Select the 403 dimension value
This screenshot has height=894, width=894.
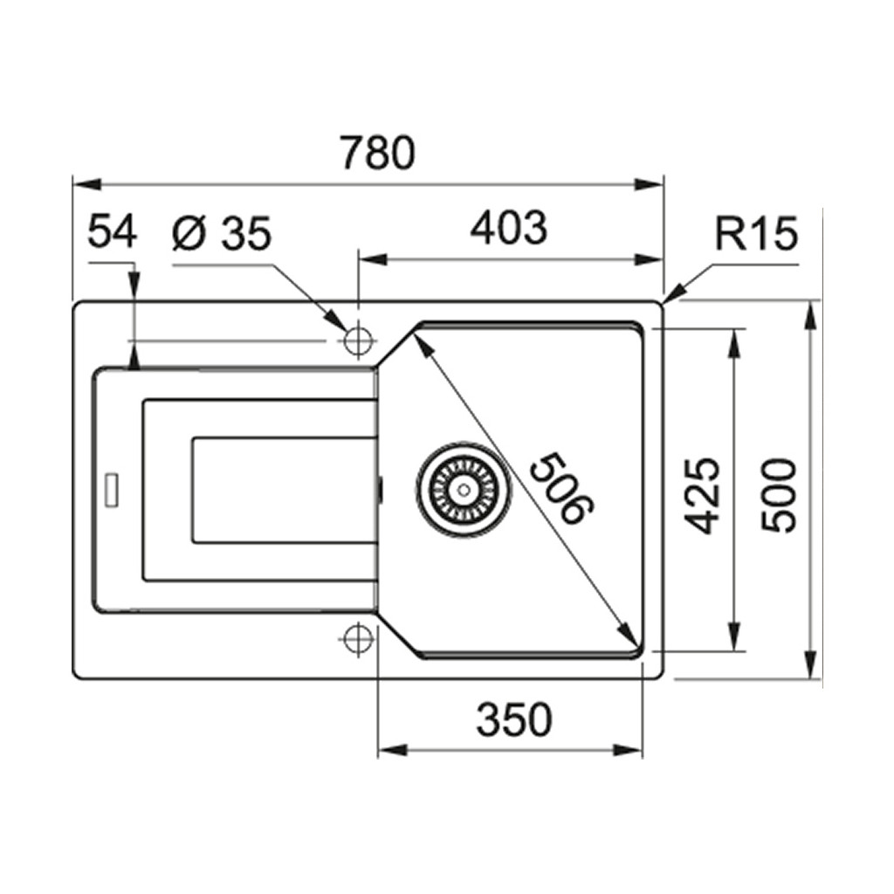(x=508, y=228)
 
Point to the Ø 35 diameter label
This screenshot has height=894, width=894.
(x=222, y=233)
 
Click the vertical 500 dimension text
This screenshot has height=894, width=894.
(x=778, y=495)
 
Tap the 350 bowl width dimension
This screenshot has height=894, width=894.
(x=514, y=720)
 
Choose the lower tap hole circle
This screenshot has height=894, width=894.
(x=356, y=638)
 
